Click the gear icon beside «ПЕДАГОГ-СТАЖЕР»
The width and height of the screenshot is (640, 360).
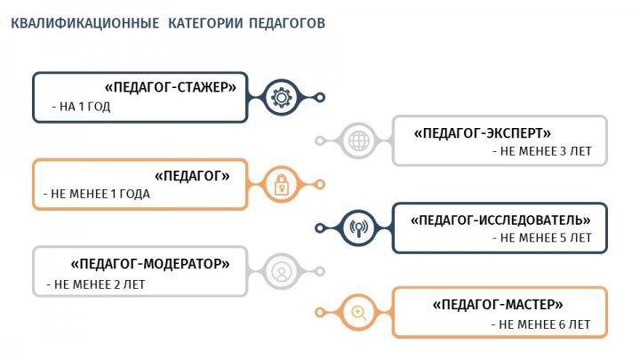pos(281,98)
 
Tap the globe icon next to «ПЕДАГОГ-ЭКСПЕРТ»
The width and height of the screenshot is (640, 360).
pos(359,140)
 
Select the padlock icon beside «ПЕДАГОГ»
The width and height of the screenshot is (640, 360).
pos(281,185)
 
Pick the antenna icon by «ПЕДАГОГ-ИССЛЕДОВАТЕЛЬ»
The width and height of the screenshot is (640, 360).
pos(359,228)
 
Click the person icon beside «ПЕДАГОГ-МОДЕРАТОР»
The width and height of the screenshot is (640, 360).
pos(281,271)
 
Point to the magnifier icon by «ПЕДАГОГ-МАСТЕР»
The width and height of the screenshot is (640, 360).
pos(359,313)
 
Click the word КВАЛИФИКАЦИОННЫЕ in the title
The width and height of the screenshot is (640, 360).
pos(85,23)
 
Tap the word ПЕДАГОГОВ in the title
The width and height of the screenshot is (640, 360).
pos(287,23)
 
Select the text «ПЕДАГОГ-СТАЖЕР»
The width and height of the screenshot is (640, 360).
pos(171,87)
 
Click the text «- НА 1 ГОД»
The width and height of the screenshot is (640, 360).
pos(81,107)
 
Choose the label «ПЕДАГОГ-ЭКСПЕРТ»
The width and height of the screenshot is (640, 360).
pos(483,133)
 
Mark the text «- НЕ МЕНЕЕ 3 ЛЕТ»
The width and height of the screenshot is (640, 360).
pos(542,151)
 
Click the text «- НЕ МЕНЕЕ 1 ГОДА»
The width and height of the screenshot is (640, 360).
pos(97,194)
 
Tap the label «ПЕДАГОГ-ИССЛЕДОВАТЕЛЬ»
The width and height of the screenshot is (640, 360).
pos(500,220)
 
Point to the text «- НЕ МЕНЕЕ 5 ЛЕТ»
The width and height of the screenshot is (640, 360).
pos(542,238)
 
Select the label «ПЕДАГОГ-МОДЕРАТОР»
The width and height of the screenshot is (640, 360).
pos(150,264)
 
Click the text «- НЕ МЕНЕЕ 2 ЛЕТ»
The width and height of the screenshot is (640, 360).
pos(96,284)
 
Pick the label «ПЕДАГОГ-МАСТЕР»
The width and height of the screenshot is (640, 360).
pos(498,305)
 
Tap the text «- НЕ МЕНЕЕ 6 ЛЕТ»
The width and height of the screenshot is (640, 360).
pos(540,325)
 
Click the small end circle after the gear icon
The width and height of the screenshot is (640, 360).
pos(320,98)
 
